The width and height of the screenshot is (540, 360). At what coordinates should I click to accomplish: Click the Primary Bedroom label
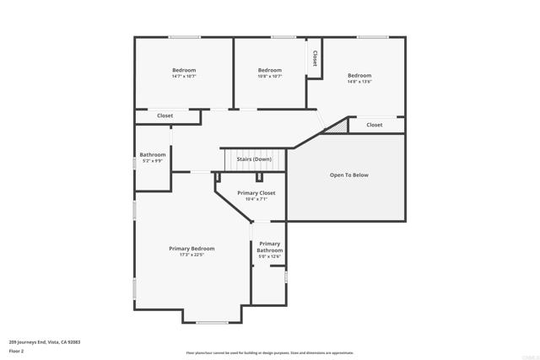coord(192,249)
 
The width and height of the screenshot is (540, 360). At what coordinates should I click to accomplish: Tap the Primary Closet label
coord(256,193)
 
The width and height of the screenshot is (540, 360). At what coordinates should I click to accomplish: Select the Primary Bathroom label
coord(270,247)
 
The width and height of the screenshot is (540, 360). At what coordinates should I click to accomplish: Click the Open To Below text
coord(348,175)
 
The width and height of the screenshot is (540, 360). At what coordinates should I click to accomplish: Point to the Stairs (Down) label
coord(254,159)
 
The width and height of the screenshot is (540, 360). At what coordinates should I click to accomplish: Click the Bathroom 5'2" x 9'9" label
coord(153,155)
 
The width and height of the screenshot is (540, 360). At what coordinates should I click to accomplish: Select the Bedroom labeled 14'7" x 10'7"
coord(184,70)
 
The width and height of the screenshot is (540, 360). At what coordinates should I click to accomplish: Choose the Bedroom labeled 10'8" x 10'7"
coord(269,70)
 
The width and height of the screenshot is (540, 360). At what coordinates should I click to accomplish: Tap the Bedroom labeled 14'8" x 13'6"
coord(359,76)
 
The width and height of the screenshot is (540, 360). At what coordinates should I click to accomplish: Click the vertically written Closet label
coord(315,58)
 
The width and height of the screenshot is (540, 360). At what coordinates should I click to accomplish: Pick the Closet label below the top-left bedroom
coord(165,116)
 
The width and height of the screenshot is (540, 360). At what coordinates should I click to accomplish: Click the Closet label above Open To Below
coord(375,125)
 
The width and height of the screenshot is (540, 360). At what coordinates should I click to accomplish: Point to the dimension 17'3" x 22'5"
coord(192,255)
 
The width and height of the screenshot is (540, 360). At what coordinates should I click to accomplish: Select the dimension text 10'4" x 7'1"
coord(256,199)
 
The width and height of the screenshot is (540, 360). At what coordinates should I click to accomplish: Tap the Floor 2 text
coord(17,351)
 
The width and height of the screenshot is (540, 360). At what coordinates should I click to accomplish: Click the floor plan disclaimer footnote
coord(270,353)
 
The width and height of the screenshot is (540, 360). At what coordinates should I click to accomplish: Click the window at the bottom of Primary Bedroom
coord(212,322)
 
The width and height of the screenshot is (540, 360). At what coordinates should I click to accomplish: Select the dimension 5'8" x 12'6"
coord(270,256)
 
